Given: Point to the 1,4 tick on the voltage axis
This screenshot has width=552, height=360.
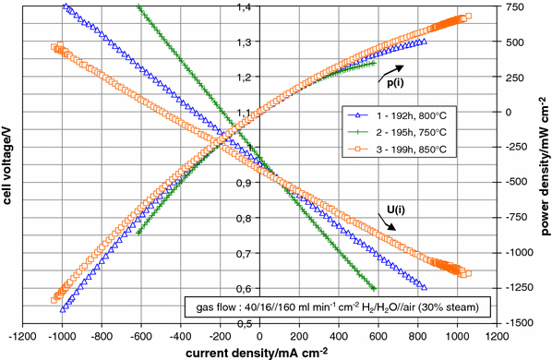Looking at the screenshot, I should click(x=244, y=7).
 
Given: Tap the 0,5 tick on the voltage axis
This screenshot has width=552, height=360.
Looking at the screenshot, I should click(x=244, y=324).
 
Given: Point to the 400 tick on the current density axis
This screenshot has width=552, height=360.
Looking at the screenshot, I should click(x=340, y=336).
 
